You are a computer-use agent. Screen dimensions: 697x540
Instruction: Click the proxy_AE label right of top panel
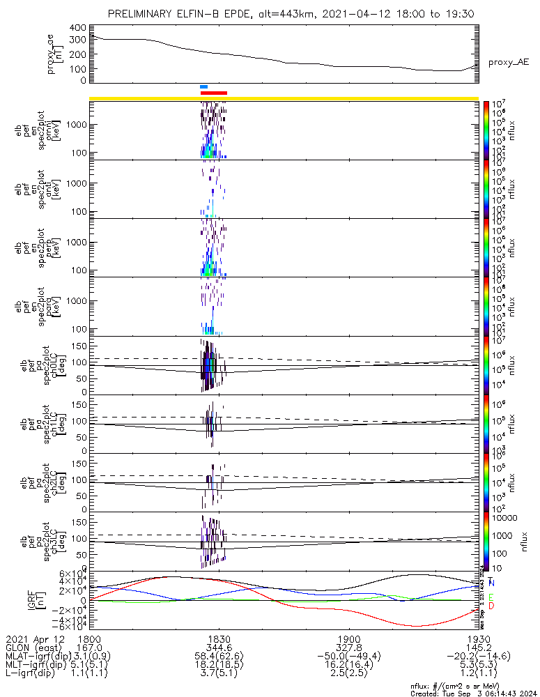(508, 62)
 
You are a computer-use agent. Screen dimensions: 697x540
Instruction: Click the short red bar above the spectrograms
(213, 93)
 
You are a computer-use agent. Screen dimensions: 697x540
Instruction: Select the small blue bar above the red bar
(203, 87)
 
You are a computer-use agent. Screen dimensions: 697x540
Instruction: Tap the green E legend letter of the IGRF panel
(491, 597)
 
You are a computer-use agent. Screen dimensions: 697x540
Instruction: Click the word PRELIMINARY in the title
(146, 14)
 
